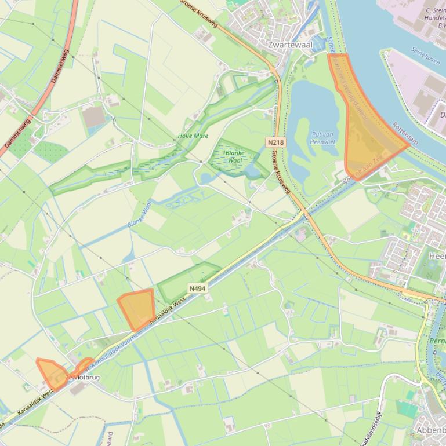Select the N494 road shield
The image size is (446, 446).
(x=197, y=288)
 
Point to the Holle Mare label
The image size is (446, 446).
(x=193, y=136)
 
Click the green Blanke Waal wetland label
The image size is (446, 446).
(x=235, y=156)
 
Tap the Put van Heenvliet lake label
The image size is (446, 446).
(x=324, y=138)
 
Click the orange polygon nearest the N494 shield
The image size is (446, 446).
(x=137, y=309)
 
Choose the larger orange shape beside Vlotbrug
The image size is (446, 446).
(x=51, y=373)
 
